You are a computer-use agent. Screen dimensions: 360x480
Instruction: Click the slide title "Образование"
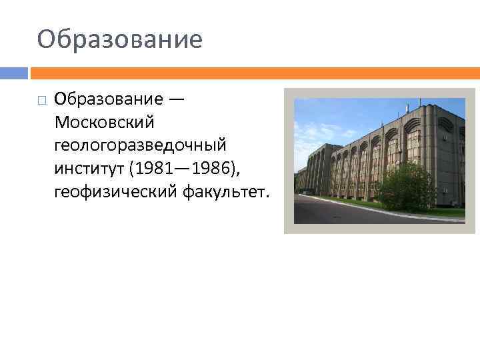click(x=120, y=39)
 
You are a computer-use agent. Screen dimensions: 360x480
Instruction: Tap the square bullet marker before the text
click(x=42, y=101)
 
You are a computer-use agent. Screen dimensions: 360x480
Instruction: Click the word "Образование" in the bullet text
click(x=109, y=99)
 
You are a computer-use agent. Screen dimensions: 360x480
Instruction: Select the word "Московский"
click(x=105, y=123)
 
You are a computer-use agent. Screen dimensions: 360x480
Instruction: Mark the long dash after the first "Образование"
click(x=177, y=99)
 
